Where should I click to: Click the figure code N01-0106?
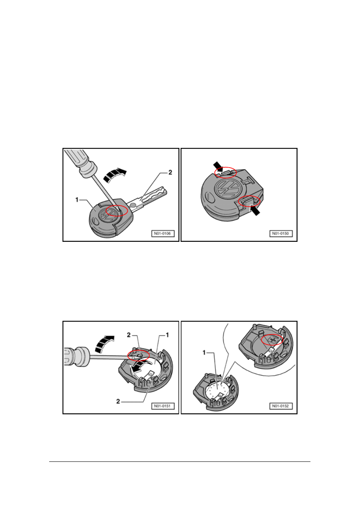click(163, 234)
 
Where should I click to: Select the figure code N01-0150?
click(281, 234)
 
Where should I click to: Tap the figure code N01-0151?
click(163, 406)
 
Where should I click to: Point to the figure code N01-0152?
click(281, 406)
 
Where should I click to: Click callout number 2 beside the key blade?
click(170, 172)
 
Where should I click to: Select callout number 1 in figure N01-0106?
click(77, 200)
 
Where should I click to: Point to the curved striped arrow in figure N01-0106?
click(114, 175)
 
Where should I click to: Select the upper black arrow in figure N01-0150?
click(218, 166)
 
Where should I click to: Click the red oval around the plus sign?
click(272, 340)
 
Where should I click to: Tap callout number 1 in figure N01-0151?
click(167, 335)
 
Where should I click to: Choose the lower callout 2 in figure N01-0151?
click(118, 401)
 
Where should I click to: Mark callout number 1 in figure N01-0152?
click(204, 353)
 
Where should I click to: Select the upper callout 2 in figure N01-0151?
click(129, 335)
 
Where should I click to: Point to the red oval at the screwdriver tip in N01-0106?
click(117, 211)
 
